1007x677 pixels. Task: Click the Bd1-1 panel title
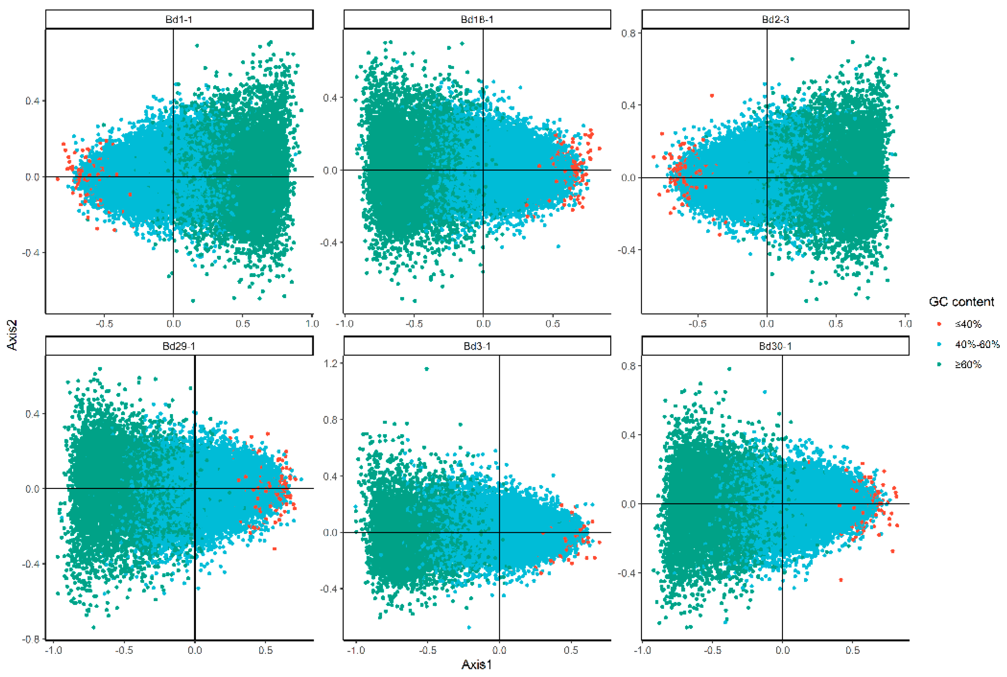[179, 19]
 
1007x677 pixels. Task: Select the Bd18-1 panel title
[477, 19]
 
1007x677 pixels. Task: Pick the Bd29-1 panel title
[179, 346]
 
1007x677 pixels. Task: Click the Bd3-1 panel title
[477, 346]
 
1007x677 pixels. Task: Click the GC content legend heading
[961, 301]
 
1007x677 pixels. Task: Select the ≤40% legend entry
[968, 324]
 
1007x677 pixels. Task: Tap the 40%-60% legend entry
[977, 344]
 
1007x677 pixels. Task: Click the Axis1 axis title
[477, 664]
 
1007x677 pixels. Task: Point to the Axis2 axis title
[13, 335]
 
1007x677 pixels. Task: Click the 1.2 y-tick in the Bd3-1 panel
[331, 363]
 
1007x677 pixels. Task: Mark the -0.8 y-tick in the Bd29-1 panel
[32, 639]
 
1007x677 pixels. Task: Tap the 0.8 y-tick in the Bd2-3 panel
[629, 33]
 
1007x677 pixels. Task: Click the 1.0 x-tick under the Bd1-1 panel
[312, 324]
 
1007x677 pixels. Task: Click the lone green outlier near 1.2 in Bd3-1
[427, 369]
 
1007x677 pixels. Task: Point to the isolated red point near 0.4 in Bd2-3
[712, 95]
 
